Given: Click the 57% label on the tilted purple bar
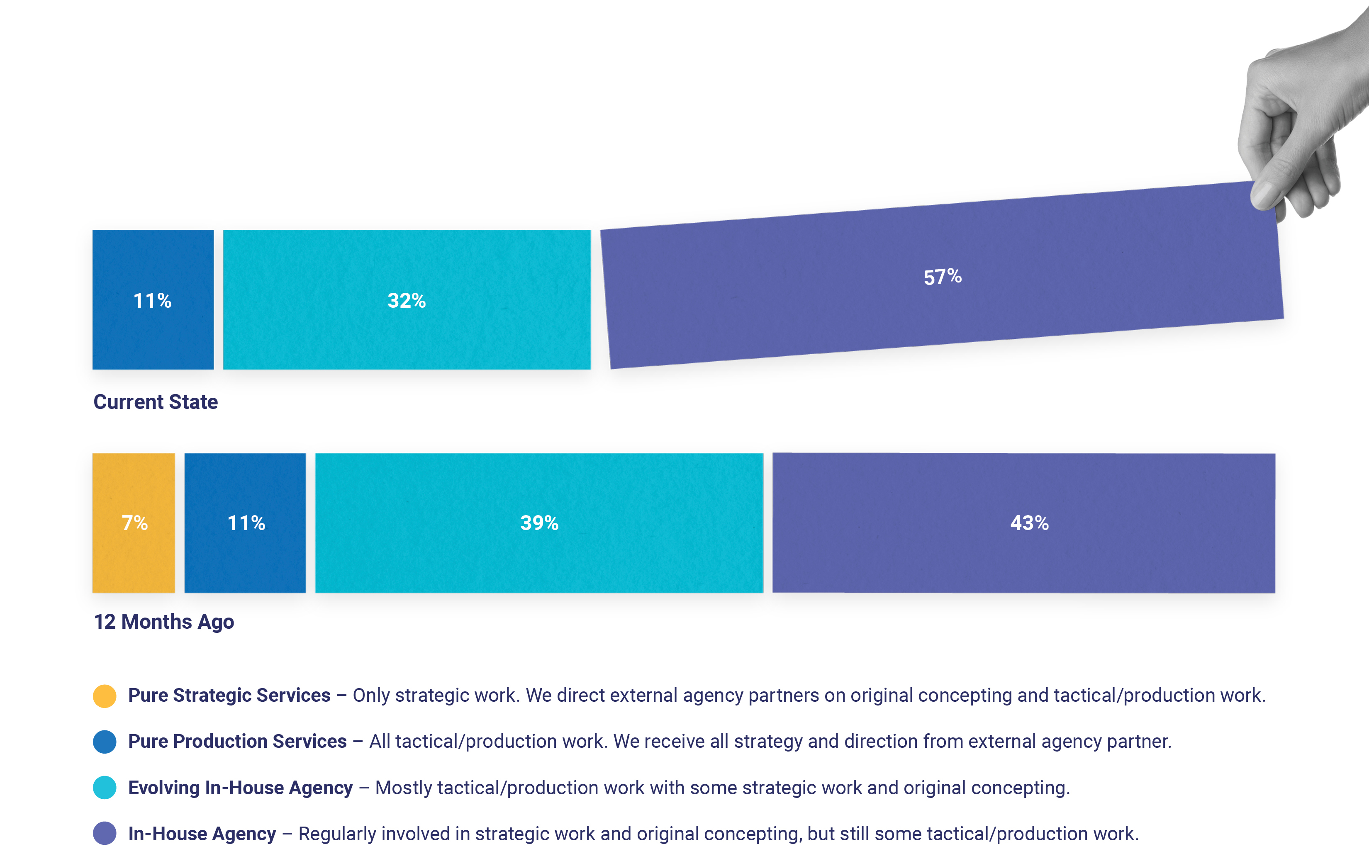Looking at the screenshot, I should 942,277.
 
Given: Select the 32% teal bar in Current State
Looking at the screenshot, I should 407,300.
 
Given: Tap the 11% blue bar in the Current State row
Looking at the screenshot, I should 152,300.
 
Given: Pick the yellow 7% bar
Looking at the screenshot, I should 134,523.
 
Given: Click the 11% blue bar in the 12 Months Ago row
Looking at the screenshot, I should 245,523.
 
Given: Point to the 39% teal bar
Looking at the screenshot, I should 539,523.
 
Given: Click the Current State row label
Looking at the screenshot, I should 155,402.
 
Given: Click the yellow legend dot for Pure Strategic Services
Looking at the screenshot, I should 105,696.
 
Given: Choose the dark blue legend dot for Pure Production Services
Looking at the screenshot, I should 105,742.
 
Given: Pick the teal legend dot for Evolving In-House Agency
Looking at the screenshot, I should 105,788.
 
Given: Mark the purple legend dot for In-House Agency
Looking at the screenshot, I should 105,834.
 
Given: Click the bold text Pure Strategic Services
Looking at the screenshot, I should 229,696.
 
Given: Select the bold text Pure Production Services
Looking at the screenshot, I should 237,742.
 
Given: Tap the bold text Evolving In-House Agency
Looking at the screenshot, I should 240,788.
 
